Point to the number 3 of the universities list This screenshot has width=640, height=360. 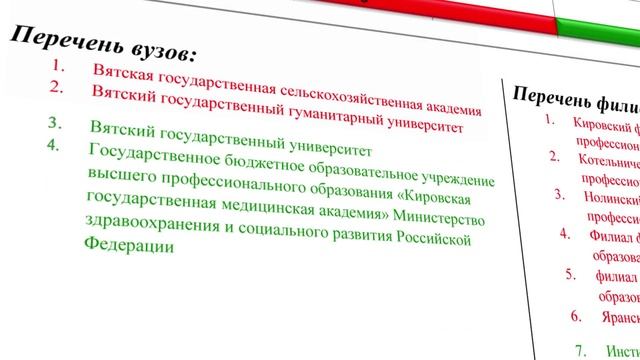pyautogui.click(x=55, y=125)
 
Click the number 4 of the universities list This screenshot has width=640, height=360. pyautogui.click(x=55, y=145)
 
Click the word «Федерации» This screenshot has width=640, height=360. pyautogui.click(x=120, y=245)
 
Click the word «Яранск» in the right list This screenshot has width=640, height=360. pyautogui.click(x=617, y=317)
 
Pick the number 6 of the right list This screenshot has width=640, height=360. pyautogui.click(x=575, y=316)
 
